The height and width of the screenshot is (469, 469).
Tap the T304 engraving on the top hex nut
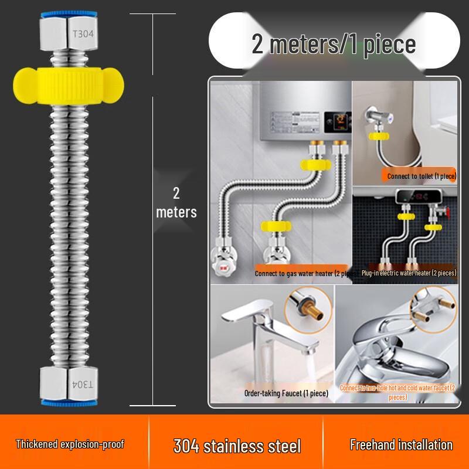(83, 34)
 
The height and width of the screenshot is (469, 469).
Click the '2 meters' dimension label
(176, 202)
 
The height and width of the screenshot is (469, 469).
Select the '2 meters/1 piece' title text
(334, 44)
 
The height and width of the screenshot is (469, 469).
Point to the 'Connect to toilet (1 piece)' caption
(421, 176)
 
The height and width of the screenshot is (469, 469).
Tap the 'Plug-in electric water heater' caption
(409, 273)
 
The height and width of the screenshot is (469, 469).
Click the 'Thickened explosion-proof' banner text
(70, 444)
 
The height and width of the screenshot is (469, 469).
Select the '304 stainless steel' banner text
(237, 446)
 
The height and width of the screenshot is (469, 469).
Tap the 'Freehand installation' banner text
(401, 445)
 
